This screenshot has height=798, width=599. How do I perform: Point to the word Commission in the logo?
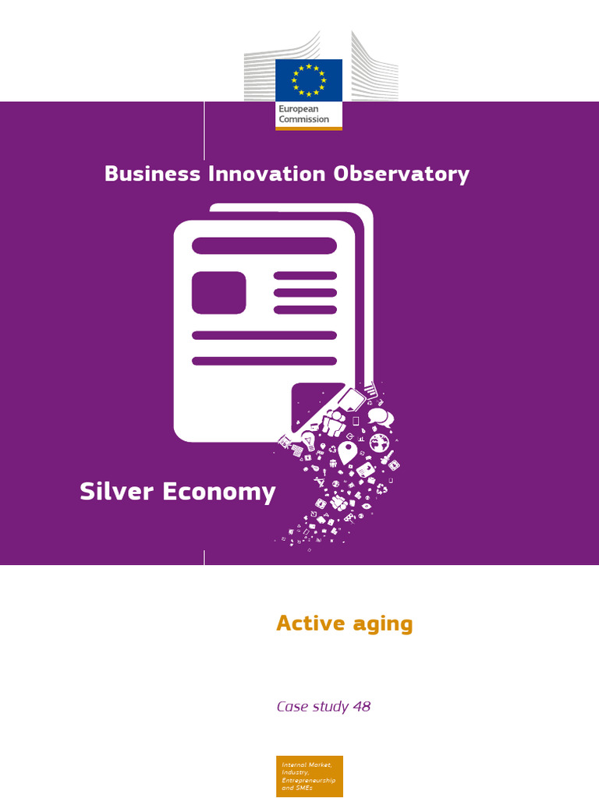[x=304, y=120]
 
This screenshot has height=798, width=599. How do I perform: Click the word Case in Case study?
[x=291, y=707]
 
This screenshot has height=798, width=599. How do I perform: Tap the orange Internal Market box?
[x=310, y=775]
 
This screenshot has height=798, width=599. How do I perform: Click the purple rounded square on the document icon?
[x=218, y=292]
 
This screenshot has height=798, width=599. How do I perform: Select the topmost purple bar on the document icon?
[x=264, y=245]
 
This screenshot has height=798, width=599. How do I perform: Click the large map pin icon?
[x=347, y=451]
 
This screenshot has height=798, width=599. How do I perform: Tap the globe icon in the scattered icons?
[x=379, y=443]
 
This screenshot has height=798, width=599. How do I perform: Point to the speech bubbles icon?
[x=380, y=417]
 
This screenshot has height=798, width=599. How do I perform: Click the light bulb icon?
[x=309, y=443]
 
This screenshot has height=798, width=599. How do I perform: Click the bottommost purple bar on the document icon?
[x=264, y=361]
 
